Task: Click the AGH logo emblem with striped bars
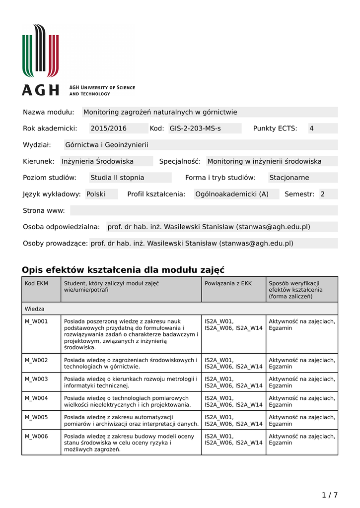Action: (x=40, y=50)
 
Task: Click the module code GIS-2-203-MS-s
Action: (x=195, y=128)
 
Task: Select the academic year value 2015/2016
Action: (x=108, y=128)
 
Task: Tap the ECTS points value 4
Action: (x=311, y=128)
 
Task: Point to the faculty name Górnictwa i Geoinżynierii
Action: (x=107, y=145)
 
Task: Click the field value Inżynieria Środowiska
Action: (x=97, y=161)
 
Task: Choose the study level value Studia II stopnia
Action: (x=117, y=178)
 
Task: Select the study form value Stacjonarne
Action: (x=289, y=178)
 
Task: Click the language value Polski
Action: (x=96, y=194)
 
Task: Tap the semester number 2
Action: (x=322, y=194)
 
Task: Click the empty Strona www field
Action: (x=204, y=210)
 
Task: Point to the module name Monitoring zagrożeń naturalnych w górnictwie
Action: (x=160, y=112)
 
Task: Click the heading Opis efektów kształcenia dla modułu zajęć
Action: (x=123, y=270)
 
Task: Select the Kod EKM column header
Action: (x=36, y=283)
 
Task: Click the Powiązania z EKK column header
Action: (x=228, y=283)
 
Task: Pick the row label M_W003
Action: (x=36, y=379)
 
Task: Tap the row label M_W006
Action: (x=36, y=437)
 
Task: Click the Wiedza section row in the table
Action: (x=35, y=309)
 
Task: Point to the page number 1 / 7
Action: (x=329, y=495)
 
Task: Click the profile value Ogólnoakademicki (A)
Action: (x=231, y=194)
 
